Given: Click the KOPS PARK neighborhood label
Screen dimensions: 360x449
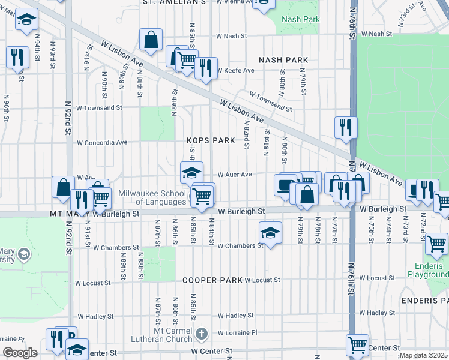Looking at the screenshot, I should coord(210,140).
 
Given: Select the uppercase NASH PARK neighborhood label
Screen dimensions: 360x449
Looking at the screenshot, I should coord(283,60).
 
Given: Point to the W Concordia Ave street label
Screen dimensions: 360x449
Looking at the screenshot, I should coord(102,143).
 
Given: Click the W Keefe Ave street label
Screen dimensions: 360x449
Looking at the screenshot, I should coord(236,70).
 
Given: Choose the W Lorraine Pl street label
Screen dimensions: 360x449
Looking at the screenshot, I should coord(237,332).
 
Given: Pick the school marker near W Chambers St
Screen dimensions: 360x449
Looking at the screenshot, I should coord(270,232).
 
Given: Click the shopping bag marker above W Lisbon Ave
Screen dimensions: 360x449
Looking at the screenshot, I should coord(151,40).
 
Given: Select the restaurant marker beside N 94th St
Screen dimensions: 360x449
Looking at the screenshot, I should coord(16,57).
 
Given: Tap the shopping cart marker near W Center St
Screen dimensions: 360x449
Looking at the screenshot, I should coord(358,344).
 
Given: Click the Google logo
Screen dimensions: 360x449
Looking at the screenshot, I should coord(20,353).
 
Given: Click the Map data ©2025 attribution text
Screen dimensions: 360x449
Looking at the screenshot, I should coord(423,355).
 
